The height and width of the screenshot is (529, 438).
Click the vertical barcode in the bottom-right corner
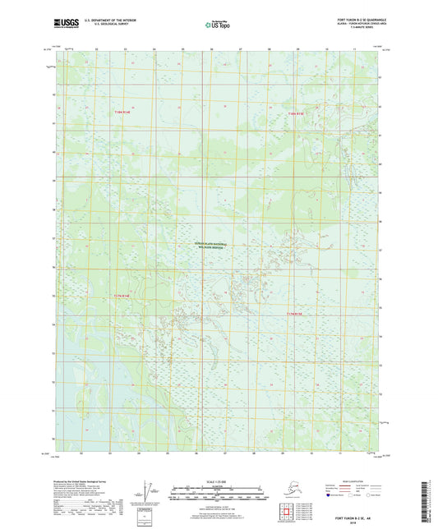(x=431, y=493)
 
